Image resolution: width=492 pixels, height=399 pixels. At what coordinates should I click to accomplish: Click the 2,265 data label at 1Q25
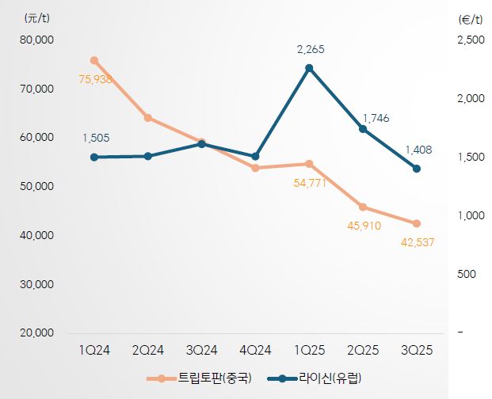click(310, 50)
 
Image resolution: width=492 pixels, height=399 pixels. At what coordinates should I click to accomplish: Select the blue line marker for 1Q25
click(309, 68)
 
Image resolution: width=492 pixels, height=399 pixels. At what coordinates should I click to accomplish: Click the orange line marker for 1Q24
click(94, 60)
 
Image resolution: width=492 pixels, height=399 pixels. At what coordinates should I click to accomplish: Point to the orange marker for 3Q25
click(417, 223)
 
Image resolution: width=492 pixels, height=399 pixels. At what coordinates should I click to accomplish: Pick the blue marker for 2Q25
click(363, 129)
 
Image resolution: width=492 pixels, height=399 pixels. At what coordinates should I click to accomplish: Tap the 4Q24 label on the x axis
click(255, 350)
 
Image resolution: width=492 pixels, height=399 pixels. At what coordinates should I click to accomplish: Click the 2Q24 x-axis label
click(148, 350)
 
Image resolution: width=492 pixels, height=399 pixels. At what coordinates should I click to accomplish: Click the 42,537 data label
click(418, 242)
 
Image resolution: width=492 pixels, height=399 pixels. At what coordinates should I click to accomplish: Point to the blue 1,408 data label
click(418, 149)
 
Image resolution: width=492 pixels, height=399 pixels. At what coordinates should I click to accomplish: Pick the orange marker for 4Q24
click(255, 168)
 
